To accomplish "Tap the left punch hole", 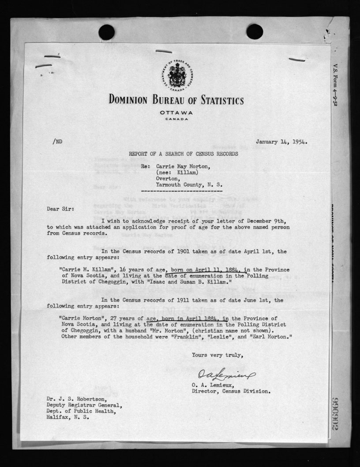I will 107,32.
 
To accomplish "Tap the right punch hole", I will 255,32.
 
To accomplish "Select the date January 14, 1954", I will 281,142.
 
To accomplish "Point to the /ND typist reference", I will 57,142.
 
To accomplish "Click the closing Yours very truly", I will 217,355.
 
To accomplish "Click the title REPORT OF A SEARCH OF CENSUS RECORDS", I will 183,154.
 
